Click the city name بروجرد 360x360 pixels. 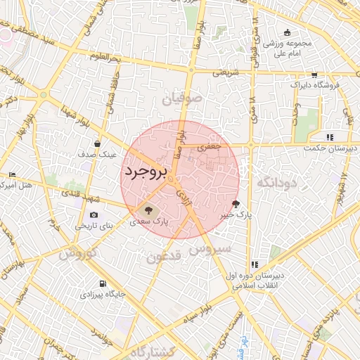(x=146, y=172)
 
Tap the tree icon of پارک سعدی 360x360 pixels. (x=148, y=209)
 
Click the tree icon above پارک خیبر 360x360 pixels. (x=235, y=204)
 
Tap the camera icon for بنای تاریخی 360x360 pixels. (x=94, y=215)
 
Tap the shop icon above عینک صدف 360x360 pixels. (x=106, y=143)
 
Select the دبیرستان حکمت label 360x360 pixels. (x=331, y=148)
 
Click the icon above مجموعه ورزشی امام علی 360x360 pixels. (x=287, y=32)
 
